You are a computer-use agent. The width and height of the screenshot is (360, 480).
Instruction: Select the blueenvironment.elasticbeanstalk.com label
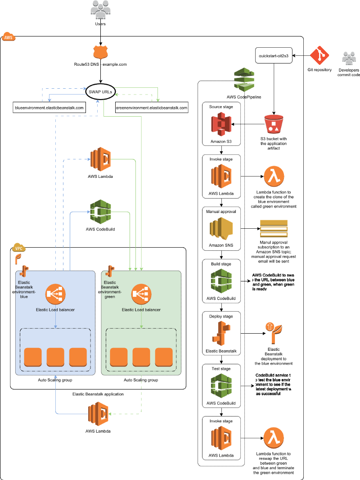[49, 108]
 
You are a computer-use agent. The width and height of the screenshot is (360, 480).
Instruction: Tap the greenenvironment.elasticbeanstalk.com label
[151, 108]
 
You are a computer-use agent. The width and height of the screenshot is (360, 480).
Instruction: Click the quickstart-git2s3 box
[274, 55]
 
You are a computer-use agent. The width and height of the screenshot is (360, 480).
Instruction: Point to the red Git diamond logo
[319, 55]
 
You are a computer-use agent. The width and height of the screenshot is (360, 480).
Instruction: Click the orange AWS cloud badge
[9, 37]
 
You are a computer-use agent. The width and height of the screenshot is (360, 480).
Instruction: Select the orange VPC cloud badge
[19, 248]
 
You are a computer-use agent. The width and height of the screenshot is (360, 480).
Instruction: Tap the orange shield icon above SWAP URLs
[101, 52]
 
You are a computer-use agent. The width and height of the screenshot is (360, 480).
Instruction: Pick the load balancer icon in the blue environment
[55, 294]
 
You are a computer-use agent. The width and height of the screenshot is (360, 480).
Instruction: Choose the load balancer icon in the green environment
[141, 294]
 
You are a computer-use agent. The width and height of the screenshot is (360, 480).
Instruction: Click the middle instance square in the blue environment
[55, 357]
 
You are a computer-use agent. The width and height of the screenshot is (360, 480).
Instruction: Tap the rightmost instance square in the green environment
[164, 357]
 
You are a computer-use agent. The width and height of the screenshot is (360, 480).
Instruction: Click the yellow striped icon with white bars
[274, 228]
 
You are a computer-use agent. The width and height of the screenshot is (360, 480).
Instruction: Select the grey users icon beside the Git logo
[349, 58]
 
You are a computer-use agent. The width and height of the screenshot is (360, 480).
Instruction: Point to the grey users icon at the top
[100, 9]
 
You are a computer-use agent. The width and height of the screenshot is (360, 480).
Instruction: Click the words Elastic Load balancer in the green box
[141, 310]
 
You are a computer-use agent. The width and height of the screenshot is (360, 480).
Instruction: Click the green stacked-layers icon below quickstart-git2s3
[244, 79]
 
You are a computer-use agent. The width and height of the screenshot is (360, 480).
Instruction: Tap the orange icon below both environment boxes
[99, 413]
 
